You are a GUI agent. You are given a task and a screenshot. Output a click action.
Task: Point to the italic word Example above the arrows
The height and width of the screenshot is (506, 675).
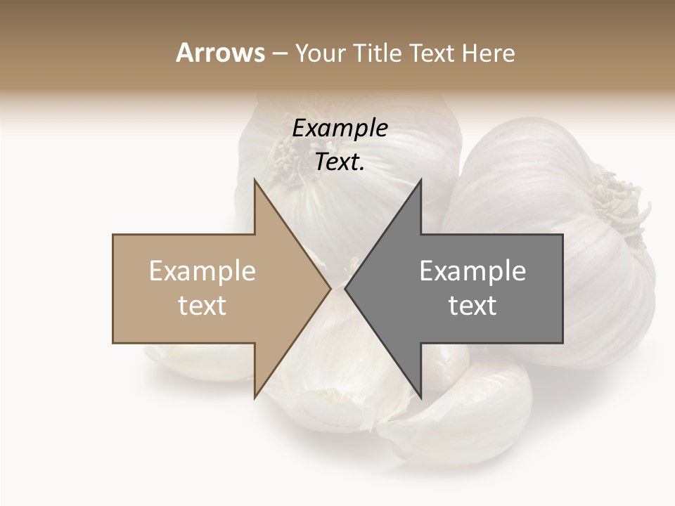340,128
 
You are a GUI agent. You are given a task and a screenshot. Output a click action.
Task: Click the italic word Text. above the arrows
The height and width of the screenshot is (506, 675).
340,162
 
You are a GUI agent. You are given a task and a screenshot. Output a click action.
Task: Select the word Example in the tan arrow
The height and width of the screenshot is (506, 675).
202,271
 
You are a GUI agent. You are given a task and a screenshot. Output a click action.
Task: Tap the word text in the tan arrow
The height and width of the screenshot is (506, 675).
202,305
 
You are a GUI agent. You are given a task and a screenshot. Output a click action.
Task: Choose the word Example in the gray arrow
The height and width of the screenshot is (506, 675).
472,271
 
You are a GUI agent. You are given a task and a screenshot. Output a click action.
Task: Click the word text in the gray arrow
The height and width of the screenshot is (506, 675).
472,305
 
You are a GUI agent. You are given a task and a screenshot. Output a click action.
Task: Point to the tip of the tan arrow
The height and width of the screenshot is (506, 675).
330,288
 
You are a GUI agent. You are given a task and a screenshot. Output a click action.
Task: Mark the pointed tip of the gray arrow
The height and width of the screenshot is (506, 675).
345,288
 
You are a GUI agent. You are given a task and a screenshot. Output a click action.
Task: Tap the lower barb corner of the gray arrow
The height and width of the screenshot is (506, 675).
420,398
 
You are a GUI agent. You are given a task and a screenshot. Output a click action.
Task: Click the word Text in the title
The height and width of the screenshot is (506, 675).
437,53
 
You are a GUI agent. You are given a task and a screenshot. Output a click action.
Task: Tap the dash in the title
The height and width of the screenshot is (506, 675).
278,54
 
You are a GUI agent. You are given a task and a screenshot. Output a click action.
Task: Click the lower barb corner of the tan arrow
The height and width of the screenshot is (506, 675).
255,398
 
